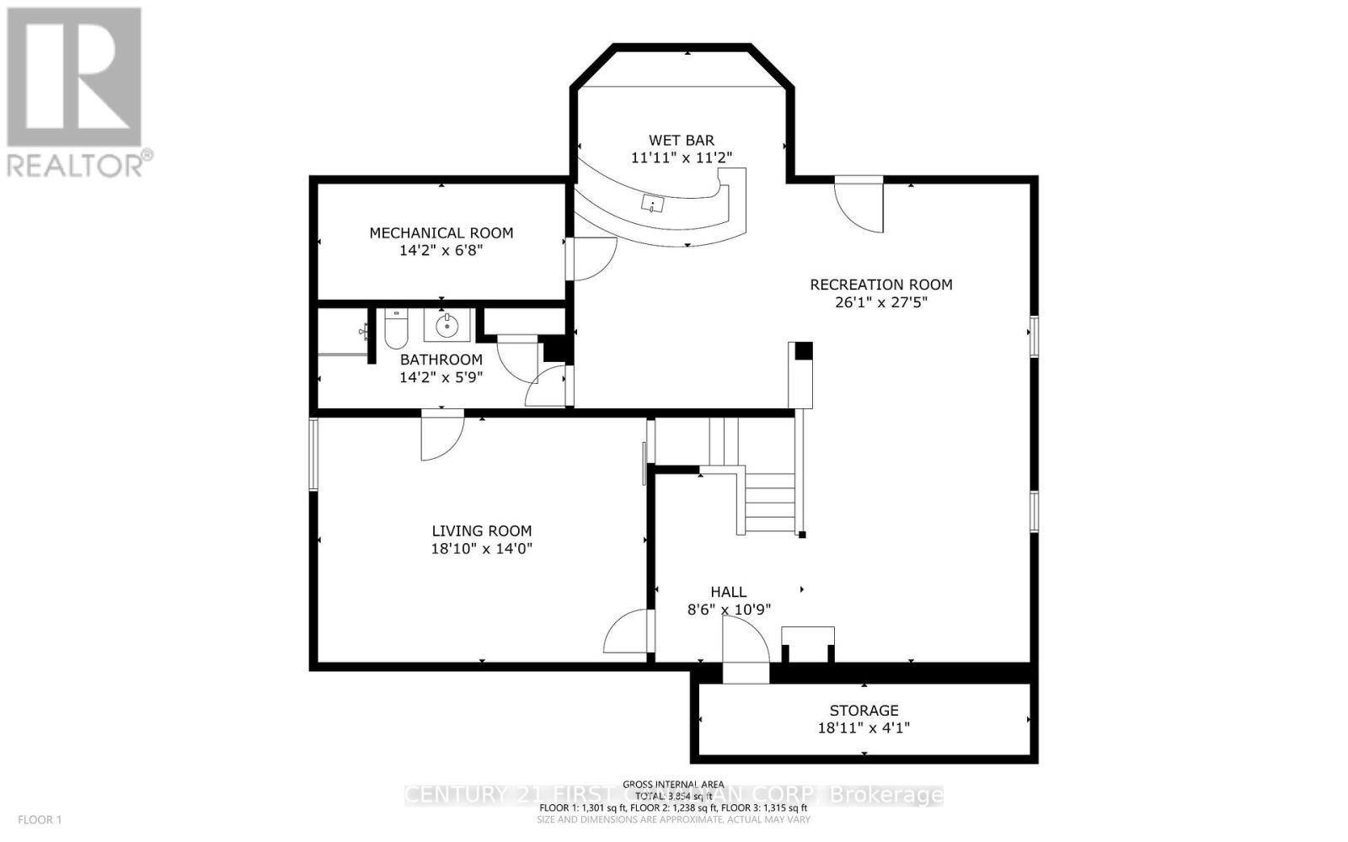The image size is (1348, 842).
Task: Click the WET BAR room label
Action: pyautogui.click(x=681, y=140)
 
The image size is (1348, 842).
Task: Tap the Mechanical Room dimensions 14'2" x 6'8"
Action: pyautogui.click(x=441, y=250)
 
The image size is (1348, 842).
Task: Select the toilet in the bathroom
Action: pyautogui.click(x=396, y=329)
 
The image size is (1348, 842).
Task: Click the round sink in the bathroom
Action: pyautogui.click(x=447, y=324)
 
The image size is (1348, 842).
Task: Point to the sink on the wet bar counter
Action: pyautogui.click(x=653, y=203)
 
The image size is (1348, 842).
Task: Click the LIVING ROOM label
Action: pyautogui.click(x=481, y=530)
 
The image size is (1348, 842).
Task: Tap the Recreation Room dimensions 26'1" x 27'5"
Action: pyautogui.click(x=880, y=302)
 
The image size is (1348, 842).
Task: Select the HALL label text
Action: pyautogui.click(x=728, y=592)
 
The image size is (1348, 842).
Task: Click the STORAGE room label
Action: pyautogui.click(x=864, y=710)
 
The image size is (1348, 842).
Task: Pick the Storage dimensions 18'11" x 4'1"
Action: pyautogui.click(x=864, y=727)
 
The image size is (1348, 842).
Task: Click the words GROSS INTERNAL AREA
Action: pyautogui.click(x=673, y=785)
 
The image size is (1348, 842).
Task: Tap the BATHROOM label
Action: pyautogui.click(x=441, y=360)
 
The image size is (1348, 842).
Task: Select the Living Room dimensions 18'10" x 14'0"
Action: pyautogui.click(x=481, y=548)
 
